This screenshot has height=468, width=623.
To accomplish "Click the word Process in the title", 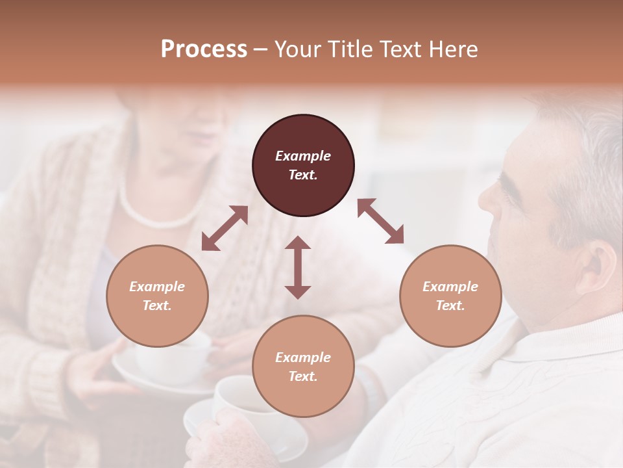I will (204, 49).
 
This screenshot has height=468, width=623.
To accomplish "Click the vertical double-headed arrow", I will (298, 267).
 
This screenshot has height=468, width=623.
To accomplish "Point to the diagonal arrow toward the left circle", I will (225, 228).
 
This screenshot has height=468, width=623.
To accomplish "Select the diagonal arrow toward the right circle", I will (380, 221).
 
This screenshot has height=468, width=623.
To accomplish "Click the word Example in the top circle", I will (303, 156).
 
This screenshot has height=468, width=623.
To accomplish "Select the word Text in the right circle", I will (450, 305).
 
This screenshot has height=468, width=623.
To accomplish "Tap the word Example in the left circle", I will (157, 287).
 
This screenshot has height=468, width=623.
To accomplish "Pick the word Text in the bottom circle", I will (303, 376).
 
